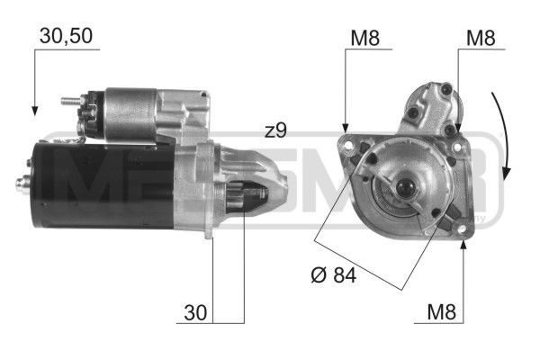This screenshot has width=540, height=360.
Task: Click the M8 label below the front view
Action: point(442,313)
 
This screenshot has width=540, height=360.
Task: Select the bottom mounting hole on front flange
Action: point(462,230)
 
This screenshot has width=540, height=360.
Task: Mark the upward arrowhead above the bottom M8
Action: point(462,243)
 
